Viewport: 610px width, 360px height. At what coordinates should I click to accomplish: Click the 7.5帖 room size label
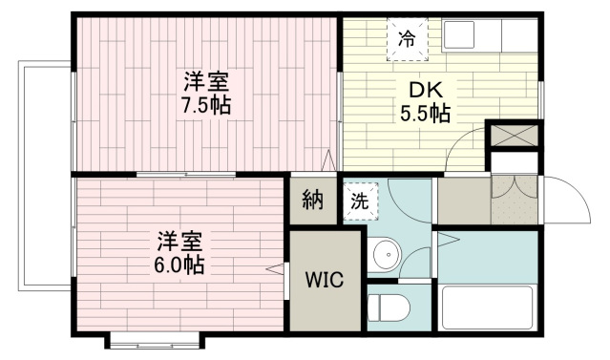point(206,105)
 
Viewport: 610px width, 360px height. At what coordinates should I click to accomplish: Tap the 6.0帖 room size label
point(179,265)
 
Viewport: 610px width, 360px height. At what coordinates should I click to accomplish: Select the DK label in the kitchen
point(425,91)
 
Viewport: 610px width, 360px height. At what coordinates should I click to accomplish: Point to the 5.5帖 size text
point(426,114)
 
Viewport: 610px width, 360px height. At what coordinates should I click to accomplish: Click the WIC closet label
point(325,279)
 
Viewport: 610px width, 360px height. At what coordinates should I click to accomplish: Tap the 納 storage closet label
point(313,200)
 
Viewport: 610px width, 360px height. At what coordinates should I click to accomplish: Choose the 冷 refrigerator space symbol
point(408,39)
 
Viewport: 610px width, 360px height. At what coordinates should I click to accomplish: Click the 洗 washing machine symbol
point(360,201)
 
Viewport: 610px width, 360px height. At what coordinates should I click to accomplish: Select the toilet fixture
point(389,307)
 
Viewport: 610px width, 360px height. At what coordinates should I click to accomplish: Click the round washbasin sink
point(387,255)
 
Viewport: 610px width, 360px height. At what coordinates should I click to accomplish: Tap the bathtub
point(488,307)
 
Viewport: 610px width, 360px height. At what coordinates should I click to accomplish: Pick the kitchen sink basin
point(458,34)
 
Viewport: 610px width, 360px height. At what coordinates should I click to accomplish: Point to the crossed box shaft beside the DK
point(514,135)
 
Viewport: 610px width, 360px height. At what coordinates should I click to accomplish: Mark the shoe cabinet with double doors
point(515,200)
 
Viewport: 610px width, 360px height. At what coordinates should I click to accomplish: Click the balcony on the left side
point(45,176)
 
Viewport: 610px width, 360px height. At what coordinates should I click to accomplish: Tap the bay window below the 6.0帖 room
point(155,340)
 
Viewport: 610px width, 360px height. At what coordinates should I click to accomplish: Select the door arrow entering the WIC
point(275,268)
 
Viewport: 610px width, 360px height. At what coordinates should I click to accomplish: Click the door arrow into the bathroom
point(449,239)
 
